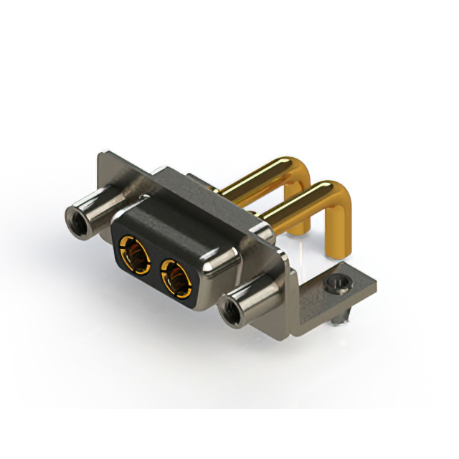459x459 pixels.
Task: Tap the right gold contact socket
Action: click(x=176, y=275)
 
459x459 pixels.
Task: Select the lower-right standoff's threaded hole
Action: click(x=231, y=311)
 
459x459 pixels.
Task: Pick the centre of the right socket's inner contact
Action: click(x=174, y=277)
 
